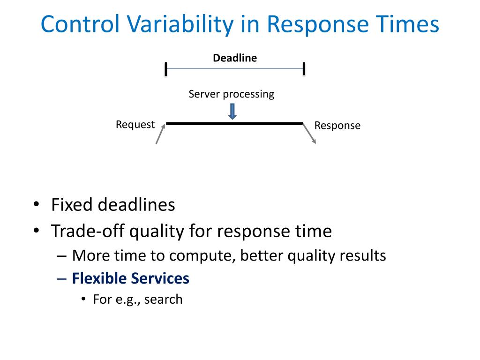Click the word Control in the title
coord(80,24)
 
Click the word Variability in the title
coord(180,25)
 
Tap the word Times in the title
coord(407,24)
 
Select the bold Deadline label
coord(235,58)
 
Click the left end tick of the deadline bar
coord(165,69)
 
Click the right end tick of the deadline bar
coord(304,68)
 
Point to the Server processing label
coord(232,94)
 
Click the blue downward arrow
coord(232,112)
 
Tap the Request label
coord(135,125)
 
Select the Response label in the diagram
coord(337,126)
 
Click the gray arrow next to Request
coord(160,134)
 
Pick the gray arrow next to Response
coord(309,134)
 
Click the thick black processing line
coord(234,124)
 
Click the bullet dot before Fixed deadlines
coord(37,204)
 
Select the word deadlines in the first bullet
coord(136,204)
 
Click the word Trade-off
coord(88,231)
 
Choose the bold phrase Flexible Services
coord(131,278)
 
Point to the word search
coord(163,299)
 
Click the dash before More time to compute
coord(61,256)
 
